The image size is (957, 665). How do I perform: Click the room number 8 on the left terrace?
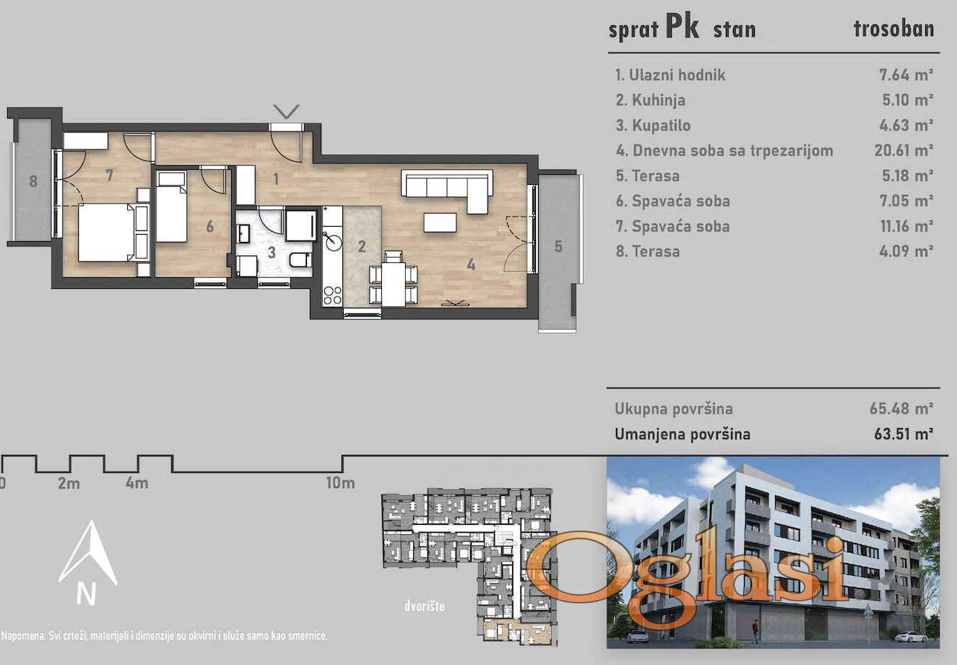(x=33, y=181)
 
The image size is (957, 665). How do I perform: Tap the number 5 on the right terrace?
(x=558, y=246)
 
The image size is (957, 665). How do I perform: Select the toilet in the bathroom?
(x=300, y=259)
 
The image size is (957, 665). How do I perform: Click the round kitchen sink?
(x=332, y=242)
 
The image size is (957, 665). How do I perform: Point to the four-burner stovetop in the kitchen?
(x=332, y=295)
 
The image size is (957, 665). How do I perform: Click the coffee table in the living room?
(x=440, y=222)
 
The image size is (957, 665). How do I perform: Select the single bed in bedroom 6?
(x=171, y=207)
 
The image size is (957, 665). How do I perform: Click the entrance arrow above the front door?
(x=287, y=111)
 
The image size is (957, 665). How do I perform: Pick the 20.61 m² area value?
(x=903, y=150)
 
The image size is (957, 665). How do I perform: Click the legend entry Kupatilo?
(x=653, y=126)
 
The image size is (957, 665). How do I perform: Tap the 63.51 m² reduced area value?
(x=903, y=434)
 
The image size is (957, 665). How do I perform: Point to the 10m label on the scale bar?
(x=340, y=482)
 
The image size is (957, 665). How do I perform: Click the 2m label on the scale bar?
(x=69, y=483)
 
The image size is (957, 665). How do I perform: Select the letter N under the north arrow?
(x=86, y=594)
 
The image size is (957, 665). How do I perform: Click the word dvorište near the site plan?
(x=425, y=606)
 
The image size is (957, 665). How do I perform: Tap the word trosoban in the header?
(x=893, y=29)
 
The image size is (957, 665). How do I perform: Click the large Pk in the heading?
(x=683, y=27)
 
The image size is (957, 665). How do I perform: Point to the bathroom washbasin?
(x=244, y=234)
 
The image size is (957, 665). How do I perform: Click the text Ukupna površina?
(x=674, y=409)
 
